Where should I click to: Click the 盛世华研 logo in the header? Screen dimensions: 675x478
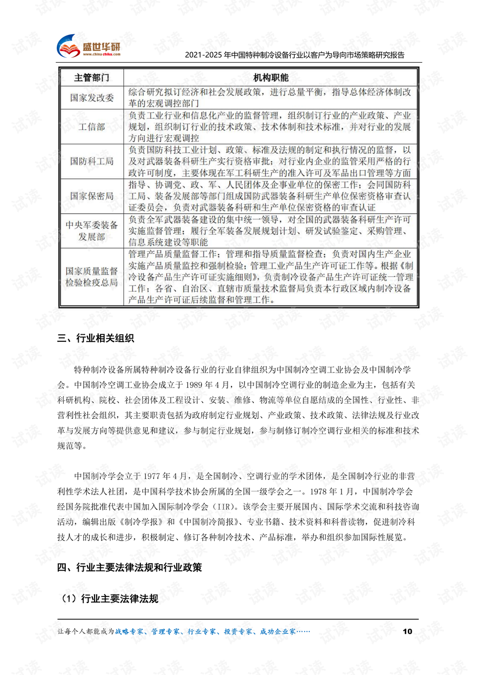(x=89, y=47)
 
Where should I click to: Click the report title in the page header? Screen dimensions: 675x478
(x=294, y=55)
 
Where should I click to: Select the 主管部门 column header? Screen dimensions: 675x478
(x=92, y=78)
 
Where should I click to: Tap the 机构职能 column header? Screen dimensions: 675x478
(x=271, y=78)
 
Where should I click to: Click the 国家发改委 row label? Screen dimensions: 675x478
(x=92, y=97)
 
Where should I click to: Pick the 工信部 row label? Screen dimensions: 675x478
(x=92, y=127)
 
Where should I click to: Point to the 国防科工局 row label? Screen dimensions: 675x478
(x=92, y=161)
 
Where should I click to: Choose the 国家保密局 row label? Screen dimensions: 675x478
(x=92, y=196)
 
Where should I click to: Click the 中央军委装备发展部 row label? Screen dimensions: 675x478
(x=92, y=231)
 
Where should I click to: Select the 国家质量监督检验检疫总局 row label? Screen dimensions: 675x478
(x=92, y=277)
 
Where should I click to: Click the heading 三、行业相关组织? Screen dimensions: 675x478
(x=96, y=338)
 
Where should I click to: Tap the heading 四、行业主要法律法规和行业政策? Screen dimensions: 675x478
(x=129, y=568)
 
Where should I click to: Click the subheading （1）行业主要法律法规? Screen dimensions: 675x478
(x=110, y=598)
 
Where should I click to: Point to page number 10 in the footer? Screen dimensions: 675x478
(x=407, y=631)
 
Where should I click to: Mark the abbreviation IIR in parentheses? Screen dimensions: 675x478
(x=222, y=507)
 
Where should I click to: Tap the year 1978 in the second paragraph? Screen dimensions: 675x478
(x=319, y=492)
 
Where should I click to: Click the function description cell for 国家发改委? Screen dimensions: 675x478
(x=270, y=97)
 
